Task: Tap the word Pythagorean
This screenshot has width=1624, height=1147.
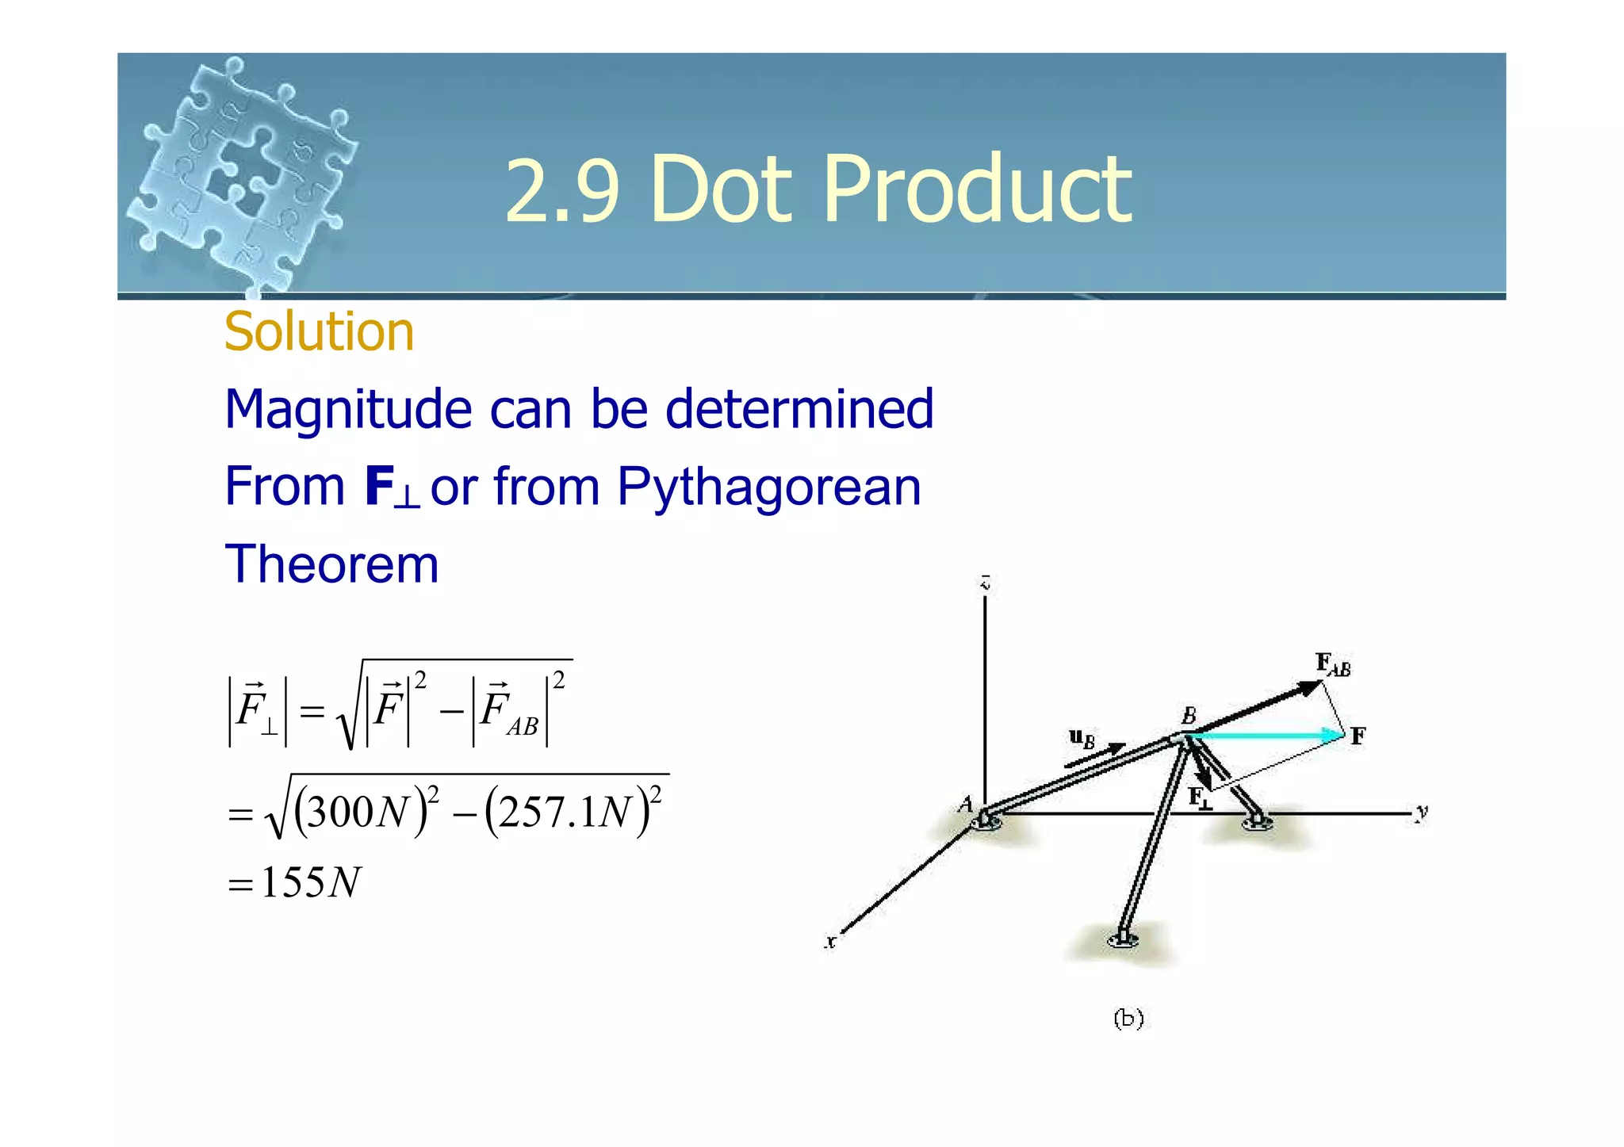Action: pyautogui.click(x=768, y=486)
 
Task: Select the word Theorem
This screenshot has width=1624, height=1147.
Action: pyautogui.click(x=331, y=564)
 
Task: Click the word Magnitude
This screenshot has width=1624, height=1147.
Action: pyautogui.click(x=349, y=410)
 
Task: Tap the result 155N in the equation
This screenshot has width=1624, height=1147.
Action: pyautogui.click(x=310, y=882)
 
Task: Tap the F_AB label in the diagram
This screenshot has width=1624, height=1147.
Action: pyautogui.click(x=1332, y=664)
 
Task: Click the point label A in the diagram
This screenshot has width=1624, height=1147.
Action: pyautogui.click(x=965, y=805)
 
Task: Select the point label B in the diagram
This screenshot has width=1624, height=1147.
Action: pyautogui.click(x=1189, y=716)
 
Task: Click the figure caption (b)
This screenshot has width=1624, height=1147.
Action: pyautogui.click(x=1128, y=1018)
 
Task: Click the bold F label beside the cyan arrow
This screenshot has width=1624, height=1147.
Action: pyautogui.click(x=1358, y=736)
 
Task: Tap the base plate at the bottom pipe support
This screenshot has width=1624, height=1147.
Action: pyautogui.click(x=1123, y=941)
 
